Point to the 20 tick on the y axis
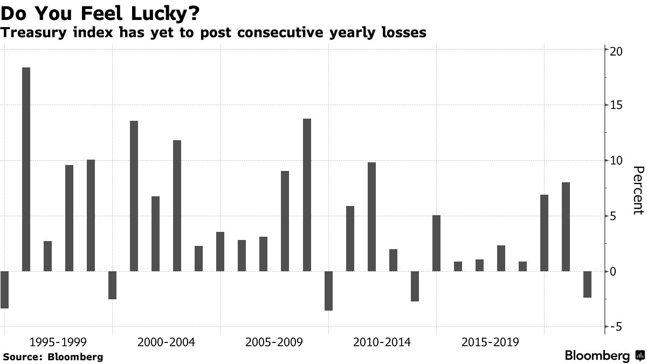tap(616, 51)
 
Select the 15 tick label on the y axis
tap(616, 105)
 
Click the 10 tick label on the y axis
tap(616, 161)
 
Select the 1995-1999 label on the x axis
tap(58, 342)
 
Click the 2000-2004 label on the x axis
tap(166, 342)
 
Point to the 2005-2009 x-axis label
tap(274, 342)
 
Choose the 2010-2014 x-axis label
tap(382, 342)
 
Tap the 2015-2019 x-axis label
tap(490, 342)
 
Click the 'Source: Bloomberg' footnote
tap(53, 356)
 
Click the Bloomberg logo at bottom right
tap(597, 356)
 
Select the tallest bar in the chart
tap(26, 169)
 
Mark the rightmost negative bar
tap(587, 284)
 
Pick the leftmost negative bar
tap(4, 290)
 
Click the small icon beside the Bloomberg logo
tap(640, 356)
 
